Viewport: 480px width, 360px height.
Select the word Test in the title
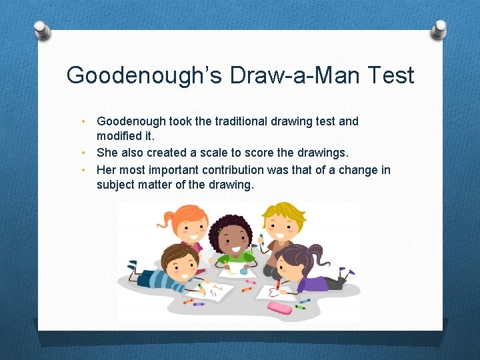tap(391, 75)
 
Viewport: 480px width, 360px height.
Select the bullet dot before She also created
tap(83, 153)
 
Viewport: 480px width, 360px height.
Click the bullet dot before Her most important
tap(83, 169)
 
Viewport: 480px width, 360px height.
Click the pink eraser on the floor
tap(279, 307)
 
